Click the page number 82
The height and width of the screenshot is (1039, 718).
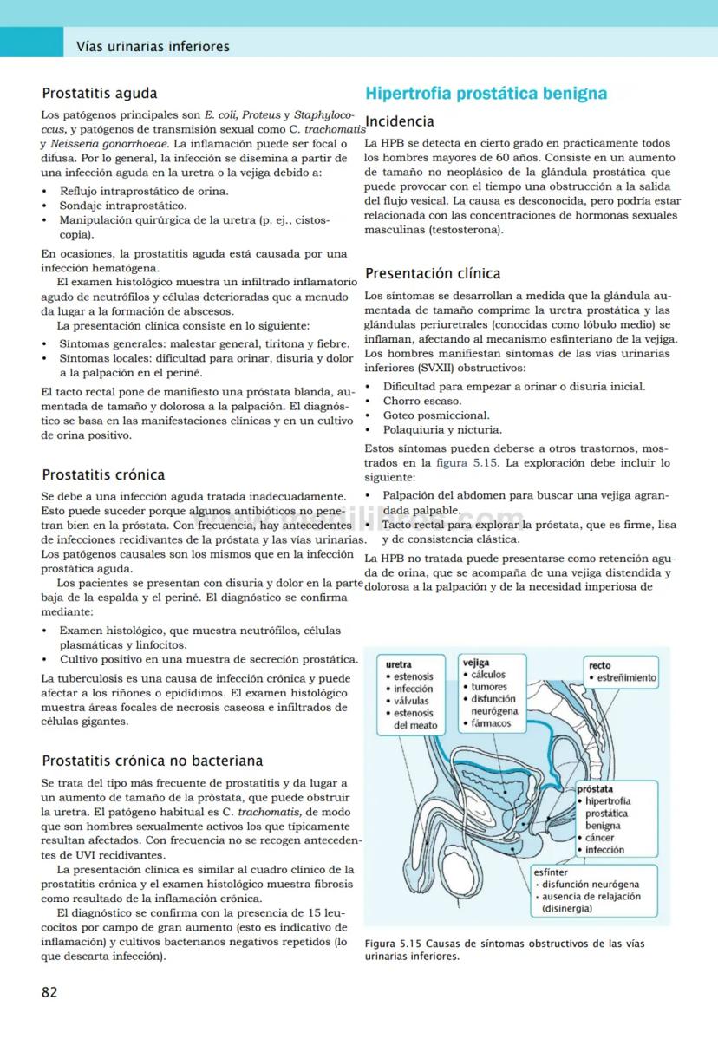50,992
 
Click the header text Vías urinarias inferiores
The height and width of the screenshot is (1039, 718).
153,46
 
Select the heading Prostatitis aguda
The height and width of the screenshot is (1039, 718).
100,93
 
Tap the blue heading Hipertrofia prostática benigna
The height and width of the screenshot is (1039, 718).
486,94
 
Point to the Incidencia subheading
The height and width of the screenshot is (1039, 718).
400,121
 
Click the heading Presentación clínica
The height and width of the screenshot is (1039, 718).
433,273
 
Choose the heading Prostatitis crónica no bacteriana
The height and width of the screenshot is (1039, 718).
153,761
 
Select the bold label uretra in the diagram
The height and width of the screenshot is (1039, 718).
399,665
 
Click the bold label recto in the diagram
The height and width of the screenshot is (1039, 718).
599,665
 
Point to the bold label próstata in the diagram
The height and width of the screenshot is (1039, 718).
595,789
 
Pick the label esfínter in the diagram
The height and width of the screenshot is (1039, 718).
552,872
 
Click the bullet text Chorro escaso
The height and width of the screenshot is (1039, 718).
422,401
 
